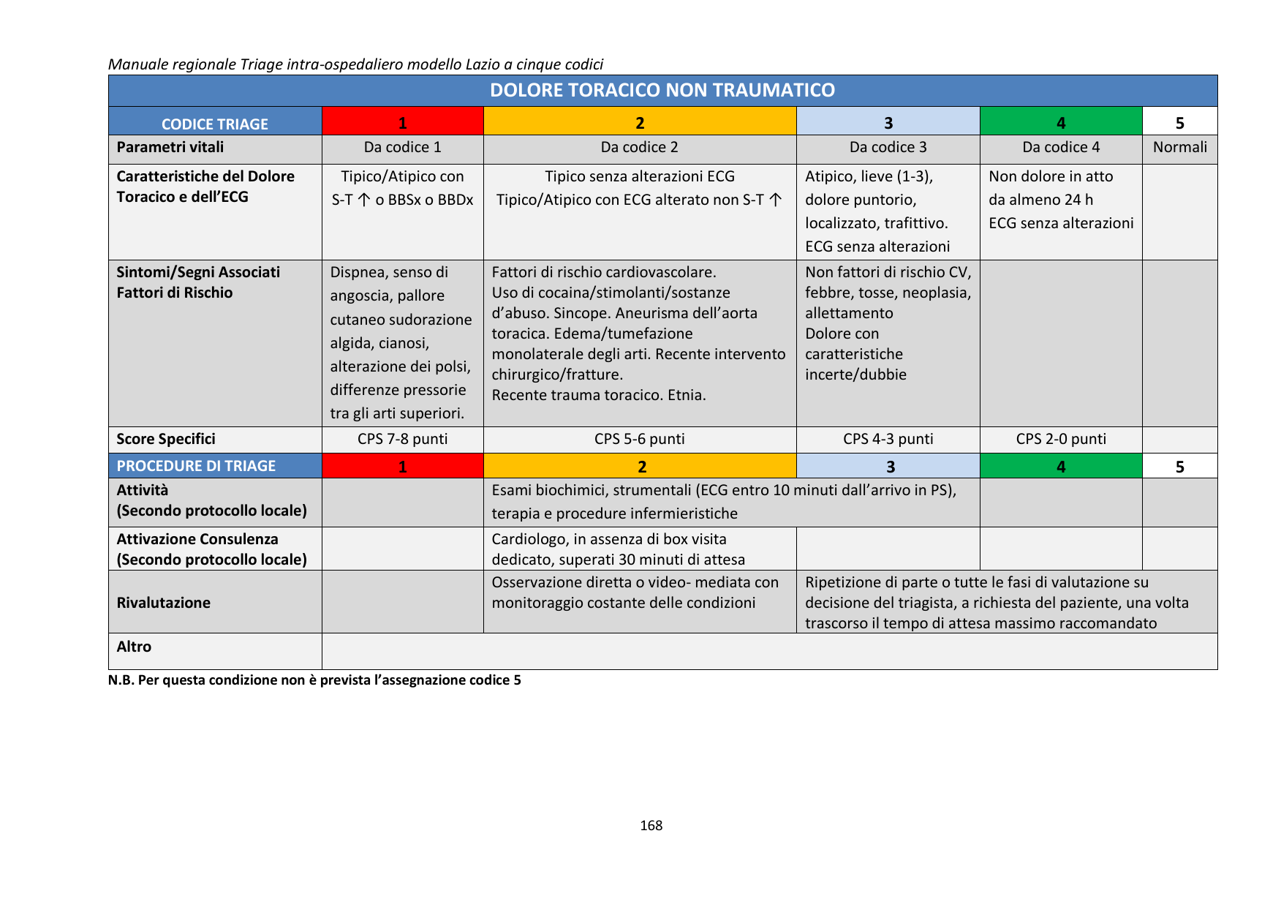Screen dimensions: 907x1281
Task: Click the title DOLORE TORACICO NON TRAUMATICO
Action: coord(662,90)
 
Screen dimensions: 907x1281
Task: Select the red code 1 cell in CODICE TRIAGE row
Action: coord(402,122)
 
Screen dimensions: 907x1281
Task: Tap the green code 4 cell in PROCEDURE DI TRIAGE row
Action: coord(1060,466)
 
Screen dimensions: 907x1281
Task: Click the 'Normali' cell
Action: coord(1179,147)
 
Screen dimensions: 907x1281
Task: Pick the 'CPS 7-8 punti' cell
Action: coord(402,439)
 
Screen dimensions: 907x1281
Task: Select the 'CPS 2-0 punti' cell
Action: coord(1060,439)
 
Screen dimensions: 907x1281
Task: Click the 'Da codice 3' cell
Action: coord(888,147)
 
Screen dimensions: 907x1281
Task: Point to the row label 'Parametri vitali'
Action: coord(170,147)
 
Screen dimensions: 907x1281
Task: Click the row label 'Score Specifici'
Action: coord(166,439)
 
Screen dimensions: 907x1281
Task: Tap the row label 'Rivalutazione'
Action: coord(164,603)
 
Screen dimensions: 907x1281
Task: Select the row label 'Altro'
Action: coord(134,647)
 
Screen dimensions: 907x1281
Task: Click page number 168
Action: coord(651,826)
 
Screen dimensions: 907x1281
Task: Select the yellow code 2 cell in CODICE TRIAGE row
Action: coord(639,122)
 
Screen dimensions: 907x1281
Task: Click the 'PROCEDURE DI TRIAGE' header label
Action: coord(196,466)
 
